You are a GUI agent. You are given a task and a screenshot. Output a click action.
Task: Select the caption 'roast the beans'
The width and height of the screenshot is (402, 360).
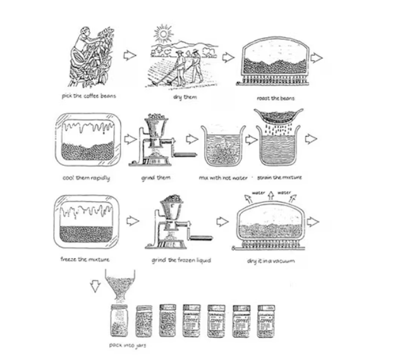(276, 98)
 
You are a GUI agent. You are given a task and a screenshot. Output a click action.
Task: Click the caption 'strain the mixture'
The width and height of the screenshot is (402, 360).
(279, 177)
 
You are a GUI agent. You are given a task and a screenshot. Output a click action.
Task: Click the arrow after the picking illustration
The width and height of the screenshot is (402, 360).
(130, 56)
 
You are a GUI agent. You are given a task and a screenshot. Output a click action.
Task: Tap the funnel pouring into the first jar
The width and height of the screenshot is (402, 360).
(119, 288)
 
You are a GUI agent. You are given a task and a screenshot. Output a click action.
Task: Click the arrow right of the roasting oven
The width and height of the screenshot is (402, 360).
(316, 58)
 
